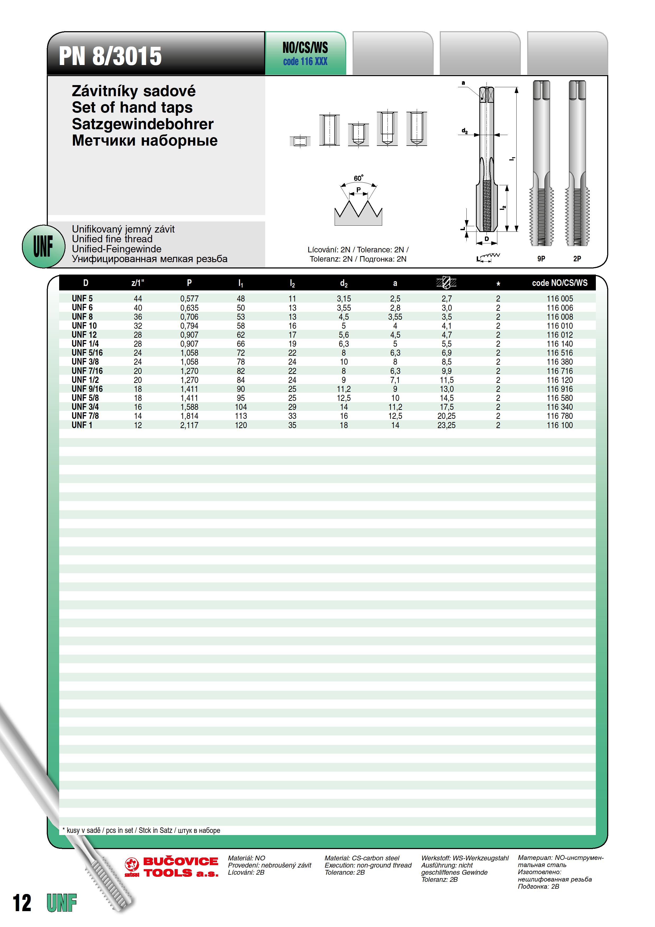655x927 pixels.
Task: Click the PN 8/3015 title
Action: click(110, 56)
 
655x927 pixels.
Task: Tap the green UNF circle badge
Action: click(43, 246)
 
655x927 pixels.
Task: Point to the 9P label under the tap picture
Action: click(541, 259)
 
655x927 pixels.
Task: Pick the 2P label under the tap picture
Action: click(577, 259)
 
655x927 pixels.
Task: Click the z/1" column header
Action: click(138, 283)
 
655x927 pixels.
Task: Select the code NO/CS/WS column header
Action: click(559, 283)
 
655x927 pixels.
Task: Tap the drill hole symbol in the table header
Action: click(446, 283)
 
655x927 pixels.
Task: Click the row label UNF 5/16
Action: click(87, 353)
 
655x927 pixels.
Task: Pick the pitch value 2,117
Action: click(189, 425)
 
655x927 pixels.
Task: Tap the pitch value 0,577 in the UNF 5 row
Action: click(189, 299)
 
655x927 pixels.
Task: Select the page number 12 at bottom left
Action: click(22, 903)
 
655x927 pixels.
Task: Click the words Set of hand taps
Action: click(132, 107)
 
